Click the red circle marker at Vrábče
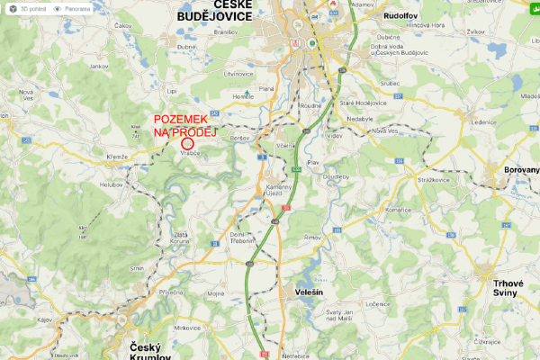(187, 143)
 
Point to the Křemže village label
(118, 157)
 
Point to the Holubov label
(111, 184)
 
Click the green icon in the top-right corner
(532, 8)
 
